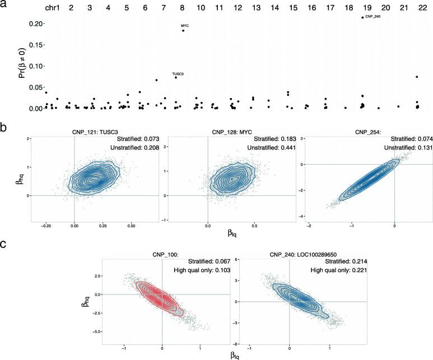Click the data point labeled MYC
pos(183,31)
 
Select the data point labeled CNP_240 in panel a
pos(362,17)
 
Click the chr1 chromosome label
pos(51,10)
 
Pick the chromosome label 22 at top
pos(415,10)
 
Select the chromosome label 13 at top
pos(256,10)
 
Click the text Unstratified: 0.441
pos(267,148)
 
